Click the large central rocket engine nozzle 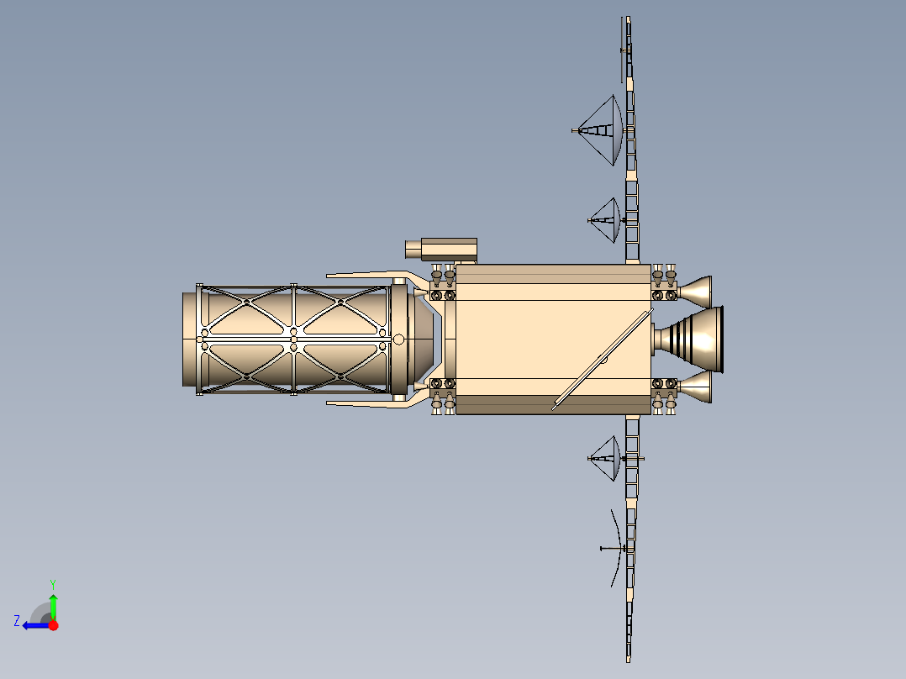point(691,339)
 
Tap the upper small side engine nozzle point(695,292)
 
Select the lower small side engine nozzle point(695,387)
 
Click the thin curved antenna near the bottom point(616,548)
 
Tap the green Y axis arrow point(53,604)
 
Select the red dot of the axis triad point(53,625)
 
